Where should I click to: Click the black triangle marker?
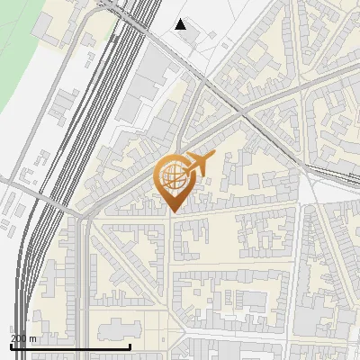click(x=181, y=24)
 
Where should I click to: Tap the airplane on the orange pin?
click(x=198, y=165)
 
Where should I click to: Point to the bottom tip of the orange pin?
click(x=172, y=212)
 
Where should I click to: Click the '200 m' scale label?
click(x=23, y=337)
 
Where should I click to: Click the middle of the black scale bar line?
click(x=70, y=346)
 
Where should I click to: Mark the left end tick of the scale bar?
click(x=11, y=346)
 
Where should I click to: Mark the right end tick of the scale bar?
click(x=130, y=346)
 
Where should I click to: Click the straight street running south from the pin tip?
click(x=172, y=270)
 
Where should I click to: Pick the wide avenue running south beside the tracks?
click(x=85, y=279)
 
